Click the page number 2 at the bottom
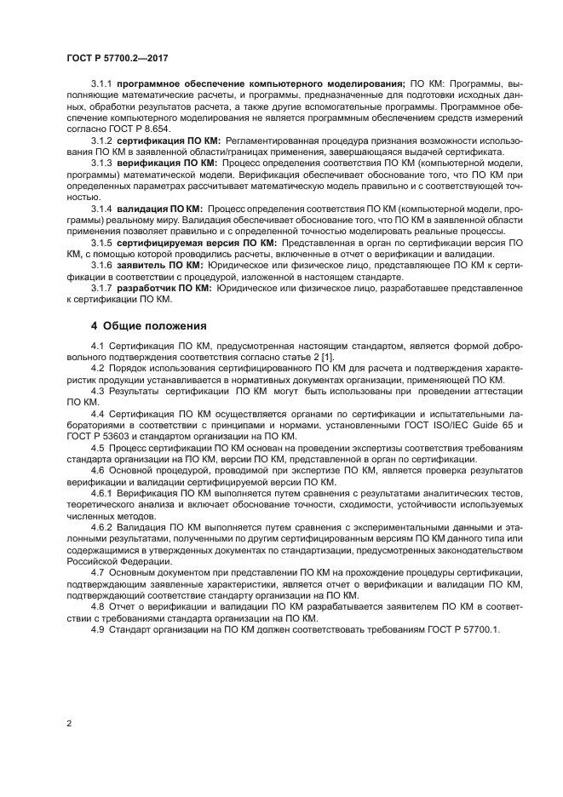[x=68, y=724]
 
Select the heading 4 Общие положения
[x=149, y=325]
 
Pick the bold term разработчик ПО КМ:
[x=164, y=288]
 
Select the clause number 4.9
[x=97, y=629]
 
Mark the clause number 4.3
[x=97, y=391]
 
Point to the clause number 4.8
[x=97, y=606]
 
